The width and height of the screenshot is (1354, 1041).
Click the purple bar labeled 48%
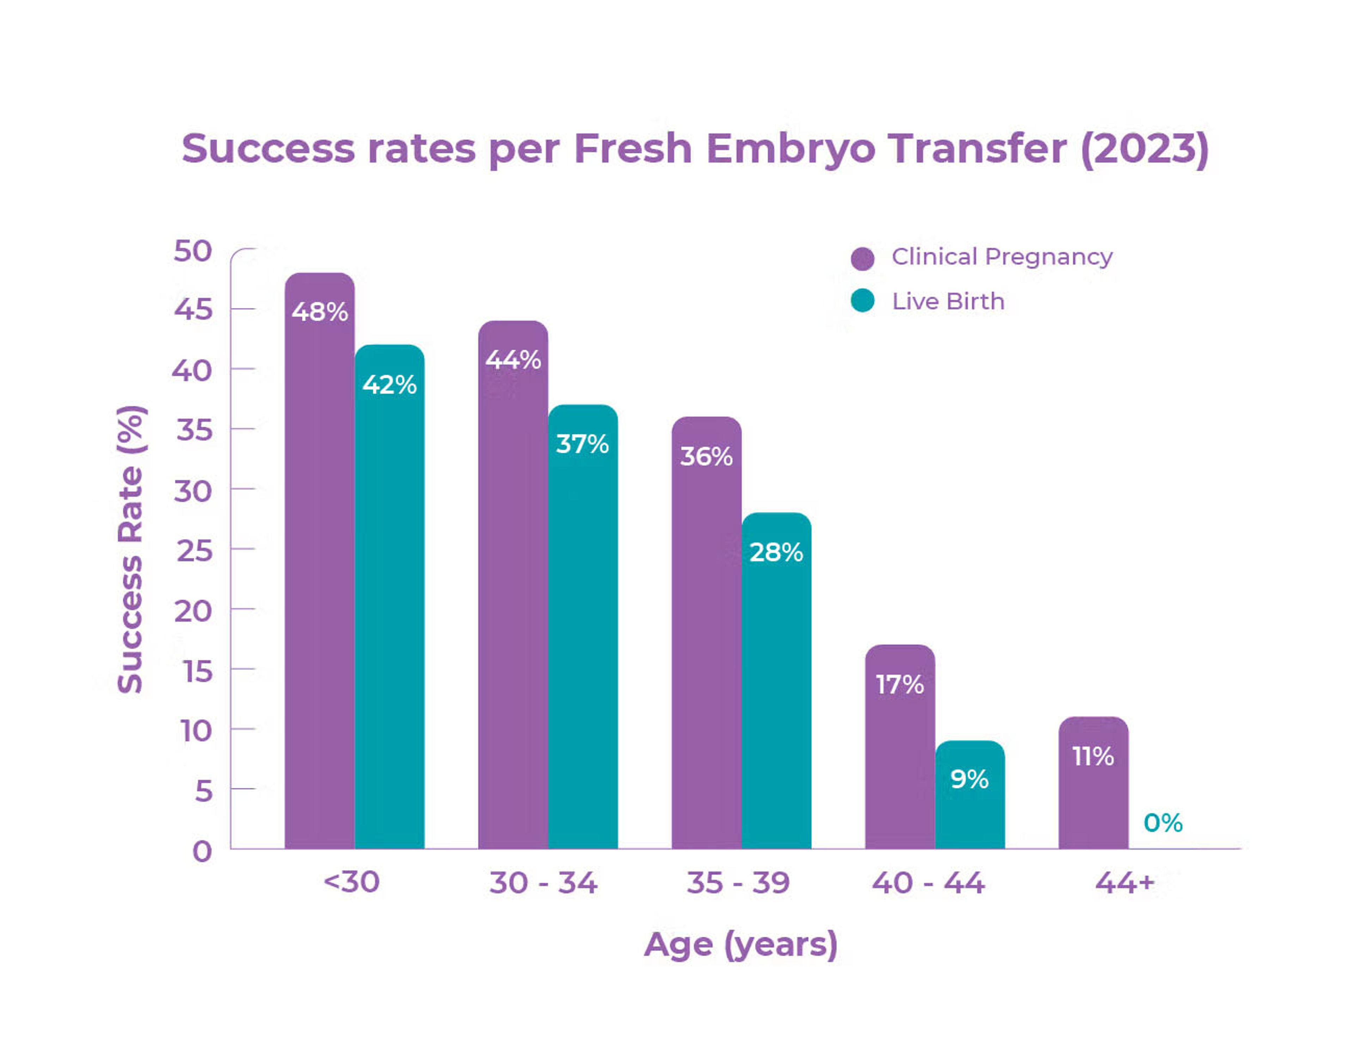(x=319, y=558)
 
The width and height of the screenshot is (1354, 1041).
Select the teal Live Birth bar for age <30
(x=389, y=595)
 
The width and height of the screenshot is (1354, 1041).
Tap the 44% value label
(x=513, y=359)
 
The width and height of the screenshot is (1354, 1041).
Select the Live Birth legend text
(x=948, y=302)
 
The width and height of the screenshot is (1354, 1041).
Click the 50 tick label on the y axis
(x=193, y=251)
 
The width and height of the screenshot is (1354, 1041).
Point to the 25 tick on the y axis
(x=194, y=550)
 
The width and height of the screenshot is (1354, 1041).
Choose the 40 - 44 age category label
(x=928, y=882)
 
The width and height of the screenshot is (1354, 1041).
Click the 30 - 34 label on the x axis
(x=543, y=882)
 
